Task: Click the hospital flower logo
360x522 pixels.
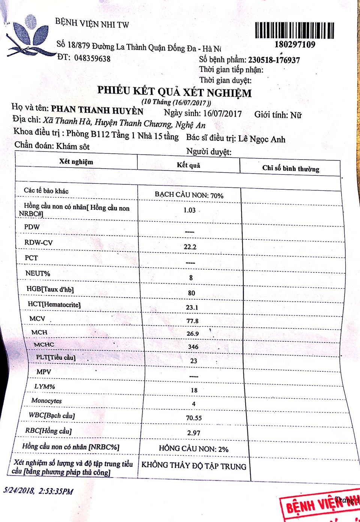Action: tap(30, 36)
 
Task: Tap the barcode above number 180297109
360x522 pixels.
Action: tap(294, 30)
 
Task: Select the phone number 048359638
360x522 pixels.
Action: tap(92, 58)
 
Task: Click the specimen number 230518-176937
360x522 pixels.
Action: tap(274, 60)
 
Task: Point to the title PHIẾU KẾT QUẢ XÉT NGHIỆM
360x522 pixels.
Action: tap(174, 91)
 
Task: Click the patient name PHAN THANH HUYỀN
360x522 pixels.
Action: tap(97, 110)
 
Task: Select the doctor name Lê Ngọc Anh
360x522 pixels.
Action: tap(262, 139)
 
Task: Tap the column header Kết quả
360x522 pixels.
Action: tap(189, 165)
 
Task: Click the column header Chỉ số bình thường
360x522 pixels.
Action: tap(291, 169)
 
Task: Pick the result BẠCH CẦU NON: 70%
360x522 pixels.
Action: tap(189, 195)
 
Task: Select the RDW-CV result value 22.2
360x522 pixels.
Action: tap(190, 247)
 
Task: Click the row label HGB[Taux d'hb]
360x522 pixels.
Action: tap(50, 289)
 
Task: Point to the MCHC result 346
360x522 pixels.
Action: tap(193, 347)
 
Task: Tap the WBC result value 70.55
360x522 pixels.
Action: tap(194, 418)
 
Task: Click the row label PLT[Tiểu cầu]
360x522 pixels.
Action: tap(55, 357)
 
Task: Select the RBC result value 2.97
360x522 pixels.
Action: tap(194, 433)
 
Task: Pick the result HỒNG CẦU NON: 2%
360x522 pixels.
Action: tap(193, 449)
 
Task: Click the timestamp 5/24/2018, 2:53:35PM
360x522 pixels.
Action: tap(38, 491)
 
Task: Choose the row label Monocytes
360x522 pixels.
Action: tap(46, 401)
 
